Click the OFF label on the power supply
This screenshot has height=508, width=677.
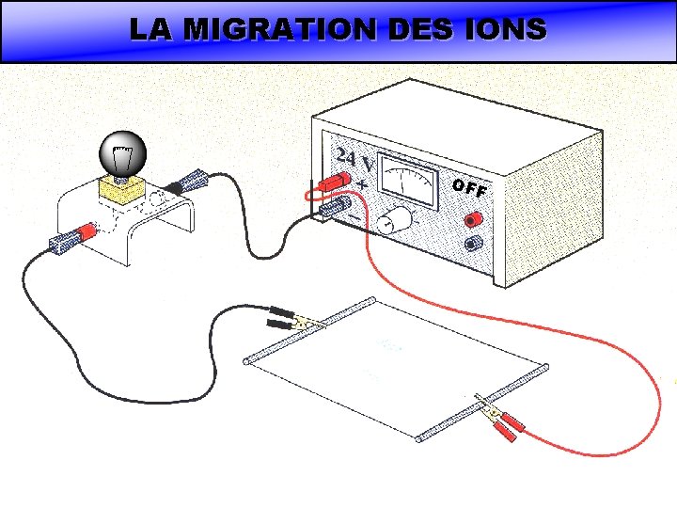coord(467,188)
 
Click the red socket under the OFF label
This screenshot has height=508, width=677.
coord(472,220)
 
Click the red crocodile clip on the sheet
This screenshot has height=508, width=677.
coord(508,422)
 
